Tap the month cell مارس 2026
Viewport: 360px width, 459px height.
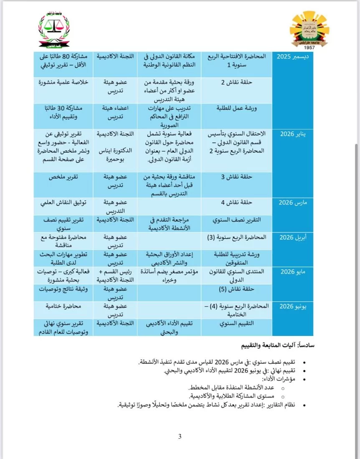(x=292, y=203)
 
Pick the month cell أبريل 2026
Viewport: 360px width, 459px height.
(x=292, y=237)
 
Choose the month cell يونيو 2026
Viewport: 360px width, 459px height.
(x=292, y=306)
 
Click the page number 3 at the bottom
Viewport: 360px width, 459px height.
(x=180, y=437)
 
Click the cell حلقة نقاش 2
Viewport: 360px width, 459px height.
(x=237, y=82)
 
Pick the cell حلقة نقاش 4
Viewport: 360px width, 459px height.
(x=237, y=203)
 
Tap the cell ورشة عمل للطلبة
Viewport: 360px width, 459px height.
(x=237, y=108)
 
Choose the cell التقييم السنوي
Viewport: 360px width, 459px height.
(x=237, y=323)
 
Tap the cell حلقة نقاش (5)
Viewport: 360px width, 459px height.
(x=237, y=289)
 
